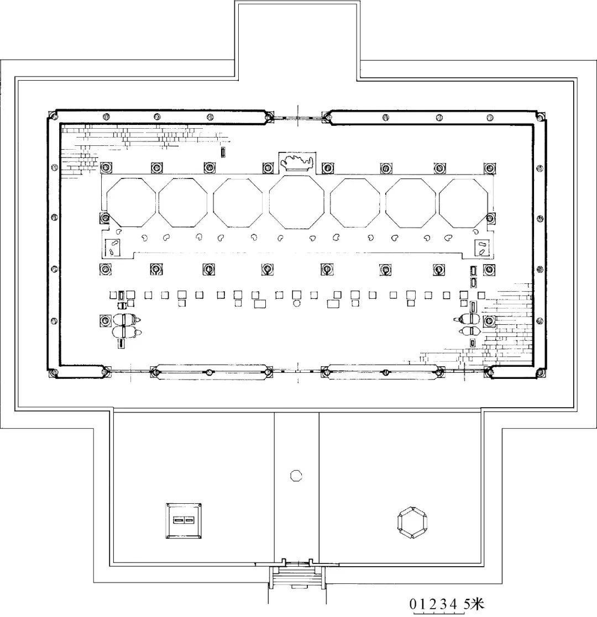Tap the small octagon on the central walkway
click(x=296, y=476)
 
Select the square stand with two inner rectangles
click(x=184, y=520)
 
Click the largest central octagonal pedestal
click(x=297, y=202)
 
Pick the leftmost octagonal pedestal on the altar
click(x=132, y=202)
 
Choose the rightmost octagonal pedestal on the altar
click(x=463, y=203)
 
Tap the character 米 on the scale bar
click(x=478, y=604)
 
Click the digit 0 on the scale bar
click(x=413, y=604)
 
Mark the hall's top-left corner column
click(x=51, y=115)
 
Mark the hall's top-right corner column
click(x=541, y=117)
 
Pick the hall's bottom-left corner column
click(x=51, y=372)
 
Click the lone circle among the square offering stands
click(x=296, y=303)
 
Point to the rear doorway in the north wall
click(x=298, y=117)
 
